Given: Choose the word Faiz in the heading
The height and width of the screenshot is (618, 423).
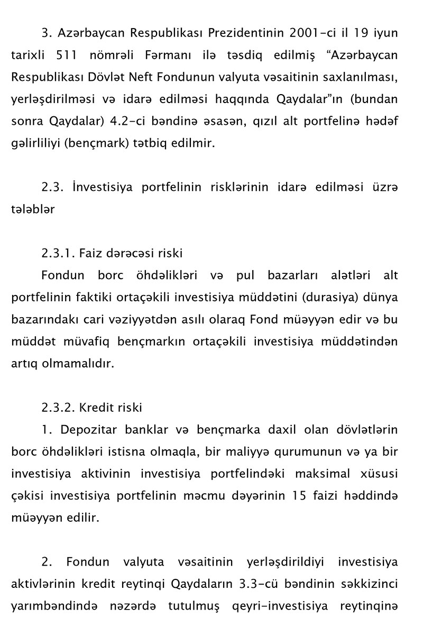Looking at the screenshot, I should [x=90, y=253].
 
